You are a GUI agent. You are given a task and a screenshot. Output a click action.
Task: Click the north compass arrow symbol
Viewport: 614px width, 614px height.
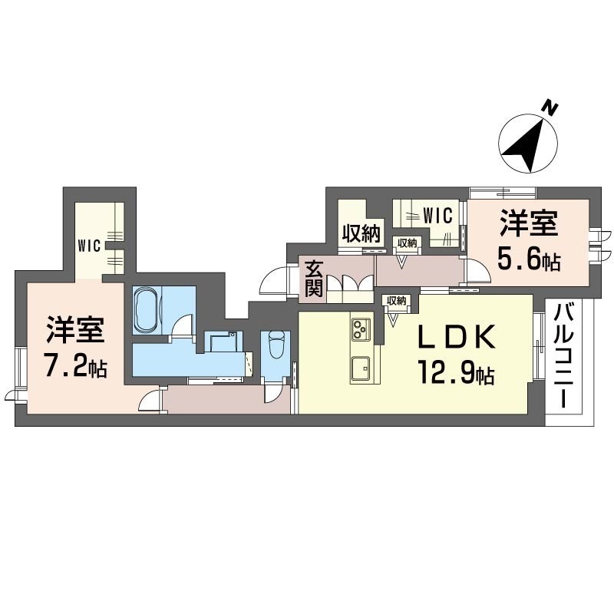[527, 145]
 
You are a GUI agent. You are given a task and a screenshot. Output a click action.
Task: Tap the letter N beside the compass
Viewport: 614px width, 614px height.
[549, 108]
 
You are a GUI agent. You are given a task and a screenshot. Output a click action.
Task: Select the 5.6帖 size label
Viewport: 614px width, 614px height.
[529, 259]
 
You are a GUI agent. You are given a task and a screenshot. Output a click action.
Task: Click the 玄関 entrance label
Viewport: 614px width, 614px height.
[313, 277]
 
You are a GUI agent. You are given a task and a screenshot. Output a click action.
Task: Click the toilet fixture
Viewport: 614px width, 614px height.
[276, 345]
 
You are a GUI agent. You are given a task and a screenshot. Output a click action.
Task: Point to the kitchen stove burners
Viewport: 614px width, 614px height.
[361, 329]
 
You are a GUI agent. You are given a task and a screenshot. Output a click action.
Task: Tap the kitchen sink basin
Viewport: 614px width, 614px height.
[361, 369]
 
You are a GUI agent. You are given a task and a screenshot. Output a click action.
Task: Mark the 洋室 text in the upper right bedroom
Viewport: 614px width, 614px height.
[529, 225]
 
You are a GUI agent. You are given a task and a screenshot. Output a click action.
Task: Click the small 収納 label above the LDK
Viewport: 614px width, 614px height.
[396, 300]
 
